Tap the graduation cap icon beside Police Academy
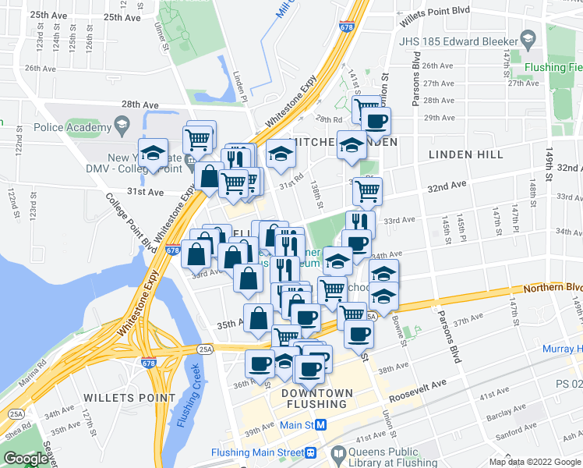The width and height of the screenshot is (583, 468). coord(122,123)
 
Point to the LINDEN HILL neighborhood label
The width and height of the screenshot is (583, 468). coord(466,155)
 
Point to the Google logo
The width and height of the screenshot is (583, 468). coord(26,459)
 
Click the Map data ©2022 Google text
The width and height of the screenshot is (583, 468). coord(535,462)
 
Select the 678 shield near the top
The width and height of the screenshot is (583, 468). coord(345,26)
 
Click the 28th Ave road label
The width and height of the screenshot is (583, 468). coord(140,104)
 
